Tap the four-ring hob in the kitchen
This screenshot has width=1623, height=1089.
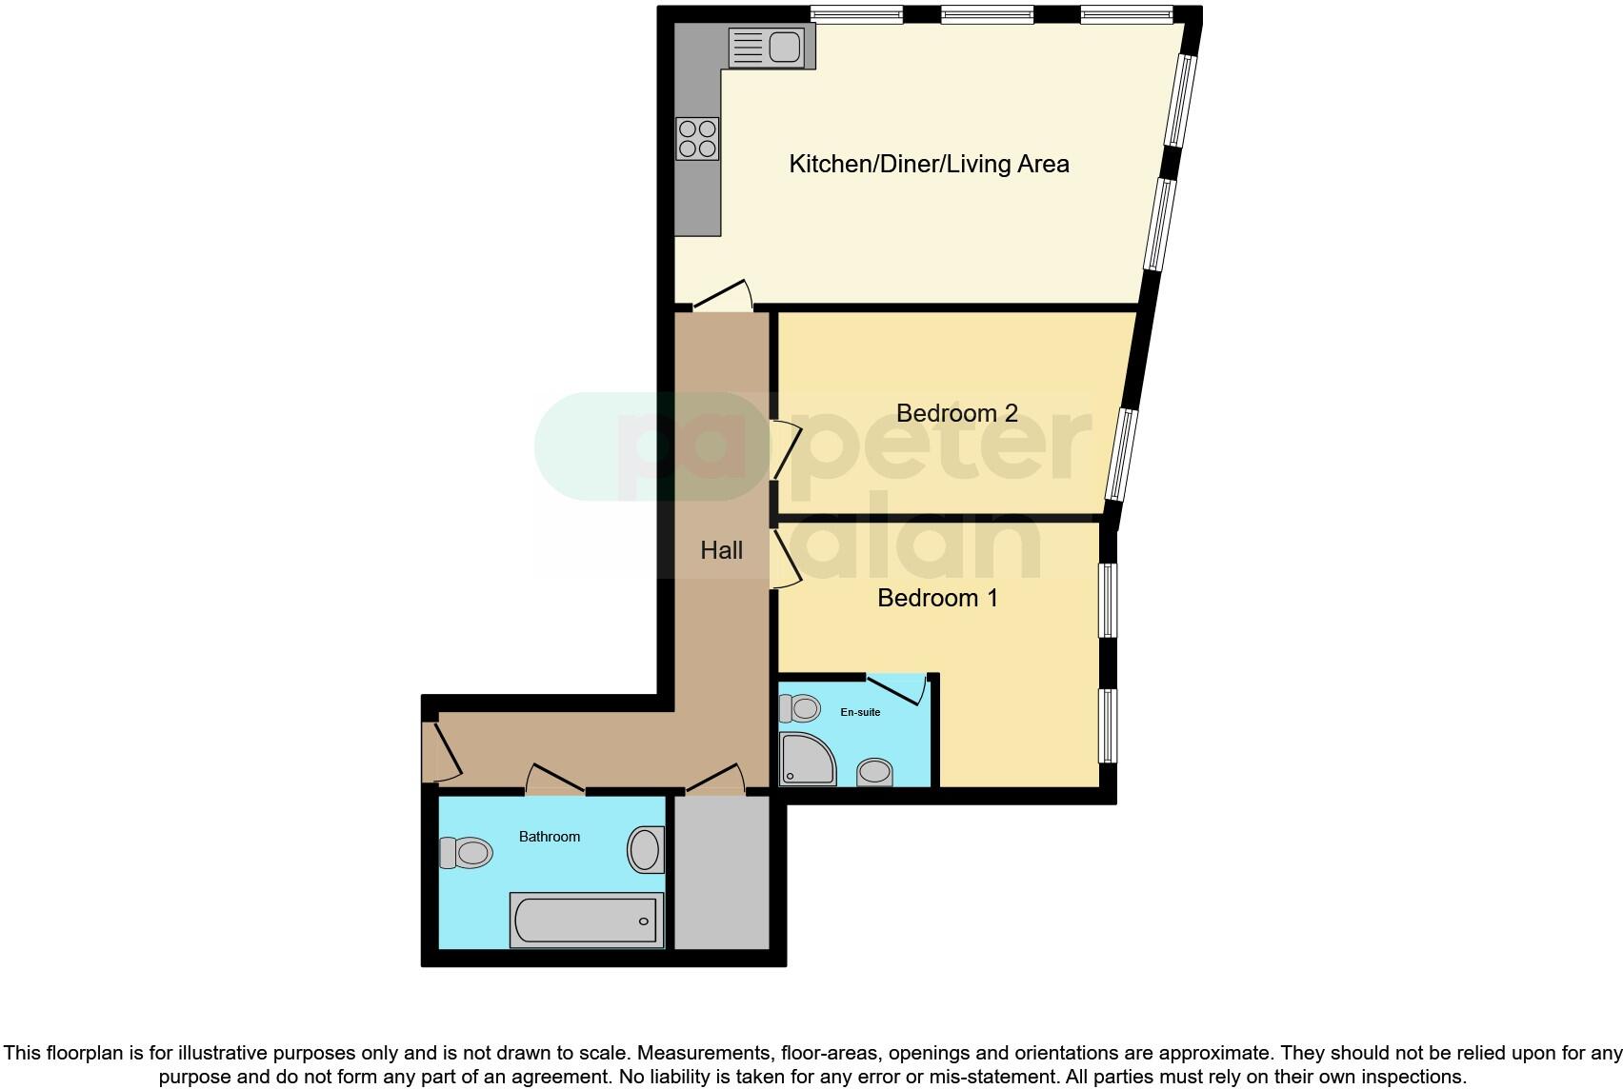[697, 139]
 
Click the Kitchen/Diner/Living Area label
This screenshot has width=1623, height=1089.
[929, 164]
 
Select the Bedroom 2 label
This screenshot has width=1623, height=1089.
[956, 413]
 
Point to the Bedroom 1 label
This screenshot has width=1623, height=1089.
[937, 598]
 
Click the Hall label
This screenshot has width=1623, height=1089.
[721, 550]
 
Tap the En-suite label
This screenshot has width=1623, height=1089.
[860, 712]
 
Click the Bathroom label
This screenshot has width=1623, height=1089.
[549, 837]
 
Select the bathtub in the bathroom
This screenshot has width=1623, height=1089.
[587, 921]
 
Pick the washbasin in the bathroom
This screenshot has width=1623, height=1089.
[646, 850]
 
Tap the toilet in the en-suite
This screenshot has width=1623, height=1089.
[800, 708]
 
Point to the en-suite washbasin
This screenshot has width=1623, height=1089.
[875, 772]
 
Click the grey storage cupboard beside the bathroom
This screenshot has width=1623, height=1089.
[722, 872]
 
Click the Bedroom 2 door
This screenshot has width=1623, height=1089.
[788, 449]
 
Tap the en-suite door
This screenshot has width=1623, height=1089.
[896, 688]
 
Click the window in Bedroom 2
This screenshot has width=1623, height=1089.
[1120, 455]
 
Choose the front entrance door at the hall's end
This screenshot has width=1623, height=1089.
[444, 752]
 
